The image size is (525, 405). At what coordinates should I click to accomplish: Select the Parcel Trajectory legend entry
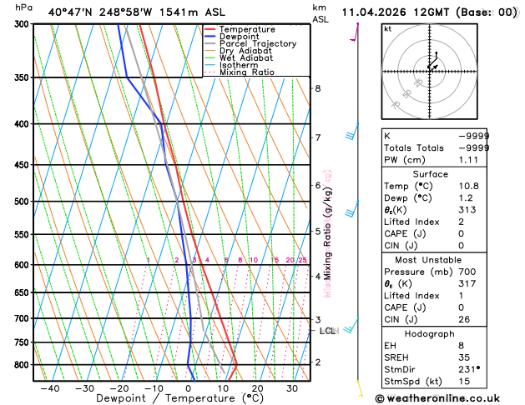(258, 44)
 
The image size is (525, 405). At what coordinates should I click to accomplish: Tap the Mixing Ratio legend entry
(247, 72)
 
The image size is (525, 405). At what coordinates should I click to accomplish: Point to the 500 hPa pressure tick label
(22, 202)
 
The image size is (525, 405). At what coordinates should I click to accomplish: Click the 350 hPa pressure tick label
(22, 77)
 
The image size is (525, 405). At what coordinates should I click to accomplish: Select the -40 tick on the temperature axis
(49, 388)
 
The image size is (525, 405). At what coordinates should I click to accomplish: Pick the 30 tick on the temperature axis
(292, 388)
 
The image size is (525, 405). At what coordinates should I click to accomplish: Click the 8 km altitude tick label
(318, 88)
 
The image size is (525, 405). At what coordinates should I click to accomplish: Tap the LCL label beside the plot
(328, 331)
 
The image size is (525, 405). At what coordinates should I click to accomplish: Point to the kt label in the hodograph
(387, 28)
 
